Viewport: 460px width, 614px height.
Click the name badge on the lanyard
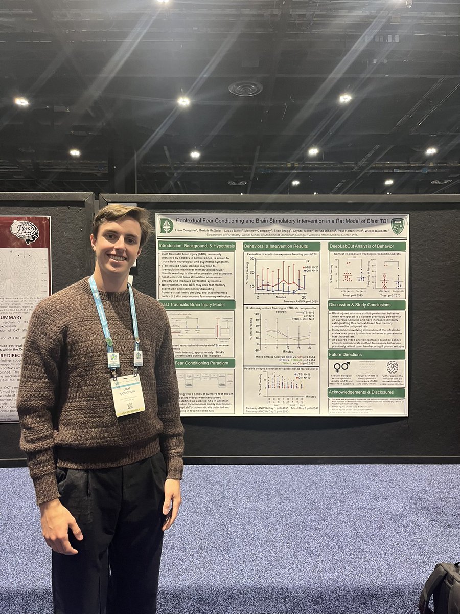[127, 394]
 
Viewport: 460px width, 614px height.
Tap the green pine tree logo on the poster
[167, 226]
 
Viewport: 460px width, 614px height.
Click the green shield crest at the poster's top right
[397, 226]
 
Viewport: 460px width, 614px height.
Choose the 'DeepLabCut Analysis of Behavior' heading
[367, 246]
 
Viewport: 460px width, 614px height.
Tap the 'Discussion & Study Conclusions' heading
[367, 305]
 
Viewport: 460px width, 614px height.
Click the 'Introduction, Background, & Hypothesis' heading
[197, 246]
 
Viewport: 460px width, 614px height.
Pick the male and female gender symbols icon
[341, 367]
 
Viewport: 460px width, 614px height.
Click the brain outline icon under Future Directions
[392, 366]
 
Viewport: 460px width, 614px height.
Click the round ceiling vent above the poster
[245, 89]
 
